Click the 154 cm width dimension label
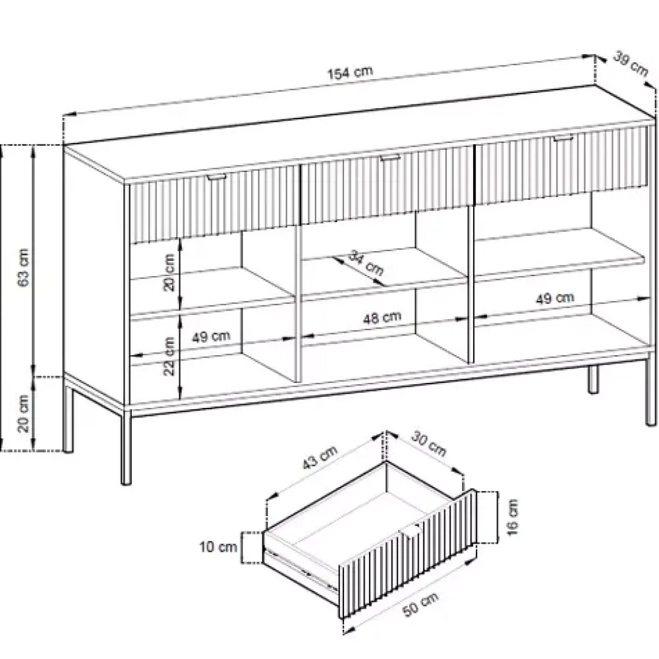point(350,72)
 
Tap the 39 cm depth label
point(631,63)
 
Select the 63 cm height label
point(24,268)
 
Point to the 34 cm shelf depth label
point(366,263)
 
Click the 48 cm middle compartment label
point(382,318)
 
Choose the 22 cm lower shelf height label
point(169,356)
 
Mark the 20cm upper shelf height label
point(169,272)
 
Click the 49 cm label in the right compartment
point(555,298)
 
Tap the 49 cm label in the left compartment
point(211,336)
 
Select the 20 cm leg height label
point(24,414)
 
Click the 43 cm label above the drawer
point(320,457)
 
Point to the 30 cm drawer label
point(428,444)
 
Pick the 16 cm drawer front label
point(512,517)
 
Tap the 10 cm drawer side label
point(218,547)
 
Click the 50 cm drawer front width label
point(420,605)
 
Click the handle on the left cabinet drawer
point(216,177)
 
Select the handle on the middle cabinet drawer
point(390,158)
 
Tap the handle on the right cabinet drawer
point(563,138)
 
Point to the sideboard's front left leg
point(126,447)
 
